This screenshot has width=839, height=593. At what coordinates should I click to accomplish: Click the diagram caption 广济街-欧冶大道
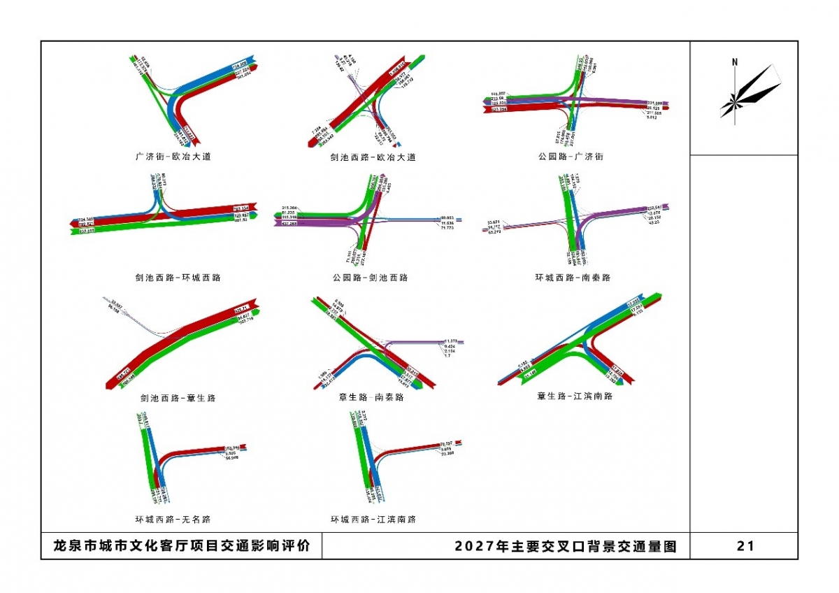173,157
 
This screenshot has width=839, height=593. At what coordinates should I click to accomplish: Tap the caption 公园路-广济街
571,157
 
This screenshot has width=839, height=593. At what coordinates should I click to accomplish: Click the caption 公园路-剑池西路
370,278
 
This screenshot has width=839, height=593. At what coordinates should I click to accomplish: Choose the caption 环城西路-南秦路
573,278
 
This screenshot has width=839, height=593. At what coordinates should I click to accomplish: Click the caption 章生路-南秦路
371,397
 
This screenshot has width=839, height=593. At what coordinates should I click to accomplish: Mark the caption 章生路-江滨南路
575,396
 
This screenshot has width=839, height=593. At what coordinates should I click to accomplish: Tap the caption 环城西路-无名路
173,520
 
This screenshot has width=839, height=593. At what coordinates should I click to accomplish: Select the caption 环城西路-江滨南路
373,520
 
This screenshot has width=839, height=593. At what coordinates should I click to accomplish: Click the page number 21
745,546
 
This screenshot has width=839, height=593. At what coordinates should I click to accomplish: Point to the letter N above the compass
735,62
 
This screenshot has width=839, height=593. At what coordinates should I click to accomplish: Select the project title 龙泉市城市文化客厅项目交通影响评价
181,546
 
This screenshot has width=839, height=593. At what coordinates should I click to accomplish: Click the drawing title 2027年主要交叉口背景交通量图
566,546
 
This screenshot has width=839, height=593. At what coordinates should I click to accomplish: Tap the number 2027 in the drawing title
468,546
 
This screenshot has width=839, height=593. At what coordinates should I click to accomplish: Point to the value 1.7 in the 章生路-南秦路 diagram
447,356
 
